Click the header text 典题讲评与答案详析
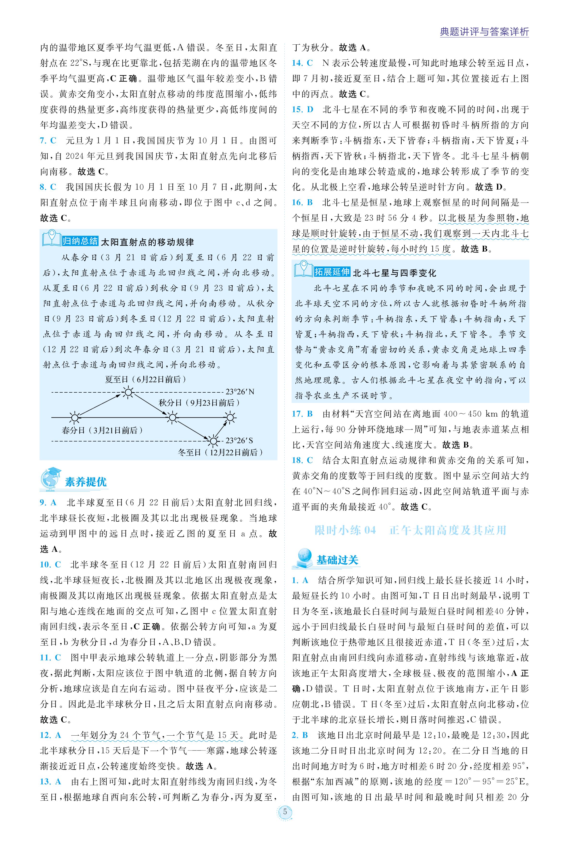click(484, 32)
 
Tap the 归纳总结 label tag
click(80, 241)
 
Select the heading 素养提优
click(86, 481)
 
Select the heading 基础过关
click(337, 560)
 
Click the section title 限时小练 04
click(345, 530)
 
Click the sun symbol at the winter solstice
click(213, 441)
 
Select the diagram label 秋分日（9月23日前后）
click(199, 403)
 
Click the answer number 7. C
click(48, 141)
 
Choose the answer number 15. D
click(303, 110)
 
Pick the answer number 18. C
click(303, 460)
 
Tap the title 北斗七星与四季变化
click(394, 273)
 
